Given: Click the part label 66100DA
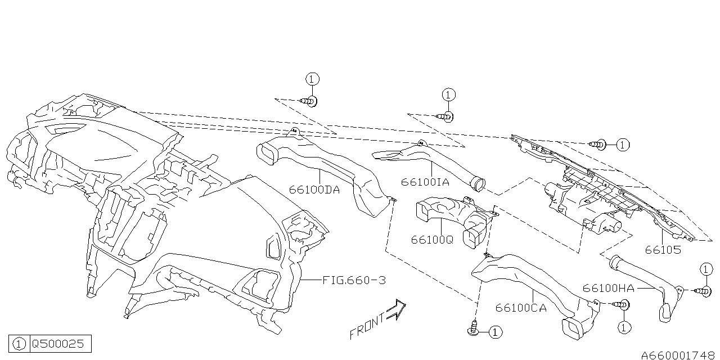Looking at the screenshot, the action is pyautogui.click(x=314, y=190).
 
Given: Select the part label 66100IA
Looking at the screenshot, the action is pyautogui.click(x=425, y=182).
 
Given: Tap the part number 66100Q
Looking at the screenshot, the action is pyautogui.click(x=432, y=240).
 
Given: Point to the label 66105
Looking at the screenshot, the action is pyautogui.click(x=663, y=250).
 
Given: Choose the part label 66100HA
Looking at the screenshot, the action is pyautogui.click(x=609, y=288).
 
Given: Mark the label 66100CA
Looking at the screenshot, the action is pyautogui.click(x=521, y=308).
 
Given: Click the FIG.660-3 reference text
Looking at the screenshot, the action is pyautogui.click(x=354, y=280).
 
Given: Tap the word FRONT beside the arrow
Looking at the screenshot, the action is pyautogui.click(x=367, y=326).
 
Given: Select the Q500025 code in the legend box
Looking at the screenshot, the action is pyautogui.click(x=58, y=344).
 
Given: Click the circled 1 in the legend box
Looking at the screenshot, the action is pyautogui.click(x=19, y=344).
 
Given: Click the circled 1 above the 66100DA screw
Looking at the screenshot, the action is pyautogui.click(x=312, y=79).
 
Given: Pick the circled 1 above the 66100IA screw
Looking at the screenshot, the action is pyautogui.click(x=449, y=95).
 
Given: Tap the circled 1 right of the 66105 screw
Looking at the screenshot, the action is pyautogui.click(x=623, y=145).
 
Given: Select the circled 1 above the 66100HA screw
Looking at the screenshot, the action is pyautogui.click(x=706, y=269).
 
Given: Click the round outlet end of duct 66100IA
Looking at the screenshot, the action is pyautogui.click(x=478, y=184).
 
